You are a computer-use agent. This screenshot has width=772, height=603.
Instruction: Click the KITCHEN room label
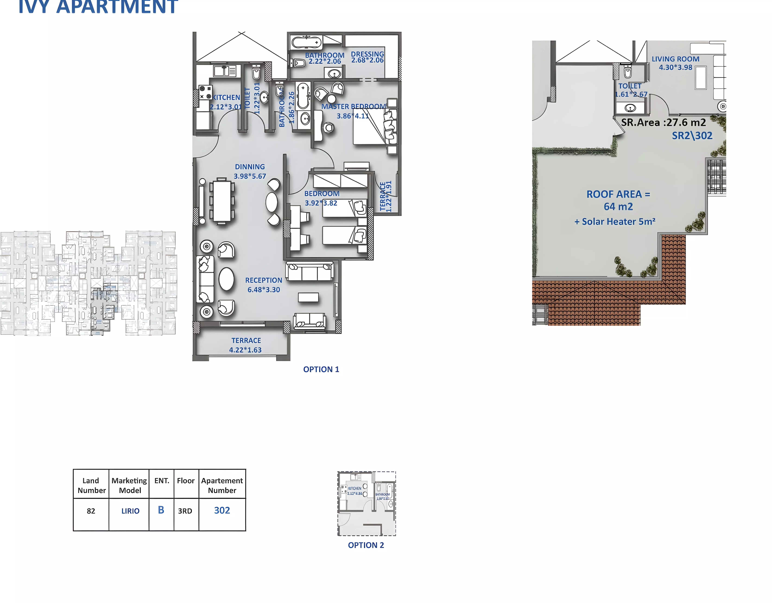(x=226, y=97)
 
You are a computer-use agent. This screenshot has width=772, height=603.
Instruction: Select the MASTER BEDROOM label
(x=353, y=106)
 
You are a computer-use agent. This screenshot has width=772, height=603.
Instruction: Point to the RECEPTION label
(x=264, y=280)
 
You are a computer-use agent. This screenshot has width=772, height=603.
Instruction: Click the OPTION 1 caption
(x=321, y=369)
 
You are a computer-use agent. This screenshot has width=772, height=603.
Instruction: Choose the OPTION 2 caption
(x=366, y=545)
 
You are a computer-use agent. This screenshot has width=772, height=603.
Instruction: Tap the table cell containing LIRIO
(x=130, y=511)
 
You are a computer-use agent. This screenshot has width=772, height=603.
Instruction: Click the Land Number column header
(x=91, y=485)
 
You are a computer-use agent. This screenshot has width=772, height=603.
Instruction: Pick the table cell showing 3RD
(x=185, y=511)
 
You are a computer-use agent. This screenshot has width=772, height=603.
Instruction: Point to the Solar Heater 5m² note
(x=615, y=222)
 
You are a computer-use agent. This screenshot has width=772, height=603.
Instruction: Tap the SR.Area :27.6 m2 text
(x=663, y=122)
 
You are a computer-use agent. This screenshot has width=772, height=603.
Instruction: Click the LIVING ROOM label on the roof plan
(x=675, y=59)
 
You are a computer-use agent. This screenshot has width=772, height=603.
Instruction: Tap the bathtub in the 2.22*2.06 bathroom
(x=306, y=42)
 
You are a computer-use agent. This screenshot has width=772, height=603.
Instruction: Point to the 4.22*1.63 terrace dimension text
(x=245, y=350)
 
